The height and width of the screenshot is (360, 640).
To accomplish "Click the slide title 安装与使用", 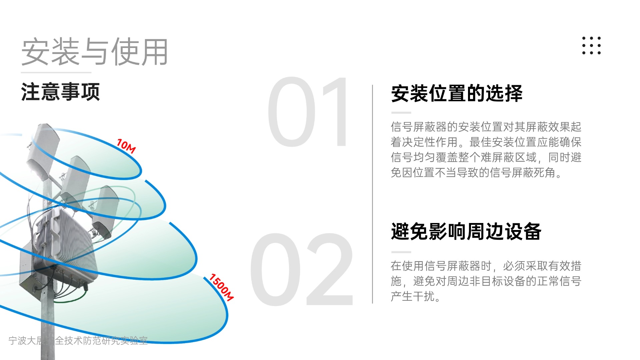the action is click(95, 52).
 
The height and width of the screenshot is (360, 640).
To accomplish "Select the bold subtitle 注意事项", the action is click(60, 92).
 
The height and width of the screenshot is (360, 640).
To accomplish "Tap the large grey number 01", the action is click(307, 112).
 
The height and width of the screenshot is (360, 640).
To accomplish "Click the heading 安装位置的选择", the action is click(457, 93).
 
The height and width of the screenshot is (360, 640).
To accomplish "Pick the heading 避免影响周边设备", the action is click(466, 231).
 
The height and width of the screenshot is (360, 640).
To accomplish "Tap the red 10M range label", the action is click(126, 146).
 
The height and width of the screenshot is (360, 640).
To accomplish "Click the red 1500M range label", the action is click(221, 287).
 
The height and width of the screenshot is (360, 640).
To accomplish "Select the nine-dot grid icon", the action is click(591, 45).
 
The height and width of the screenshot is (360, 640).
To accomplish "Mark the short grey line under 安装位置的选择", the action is click(401, 113).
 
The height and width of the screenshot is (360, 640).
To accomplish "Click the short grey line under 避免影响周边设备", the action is click(401, 252).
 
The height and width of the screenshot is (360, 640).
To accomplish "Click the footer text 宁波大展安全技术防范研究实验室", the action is click(78, 340).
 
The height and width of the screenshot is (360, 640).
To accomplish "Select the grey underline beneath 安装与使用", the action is click(56, 72).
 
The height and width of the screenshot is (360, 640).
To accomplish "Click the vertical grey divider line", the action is click(372, 194).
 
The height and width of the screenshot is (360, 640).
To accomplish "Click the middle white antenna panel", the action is click(76, 180).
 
